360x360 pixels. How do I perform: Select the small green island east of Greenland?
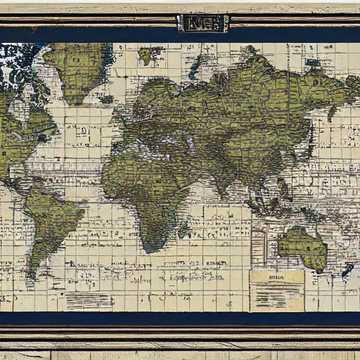[x=148, y=54]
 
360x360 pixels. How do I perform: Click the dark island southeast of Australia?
[x=347, y=269]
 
